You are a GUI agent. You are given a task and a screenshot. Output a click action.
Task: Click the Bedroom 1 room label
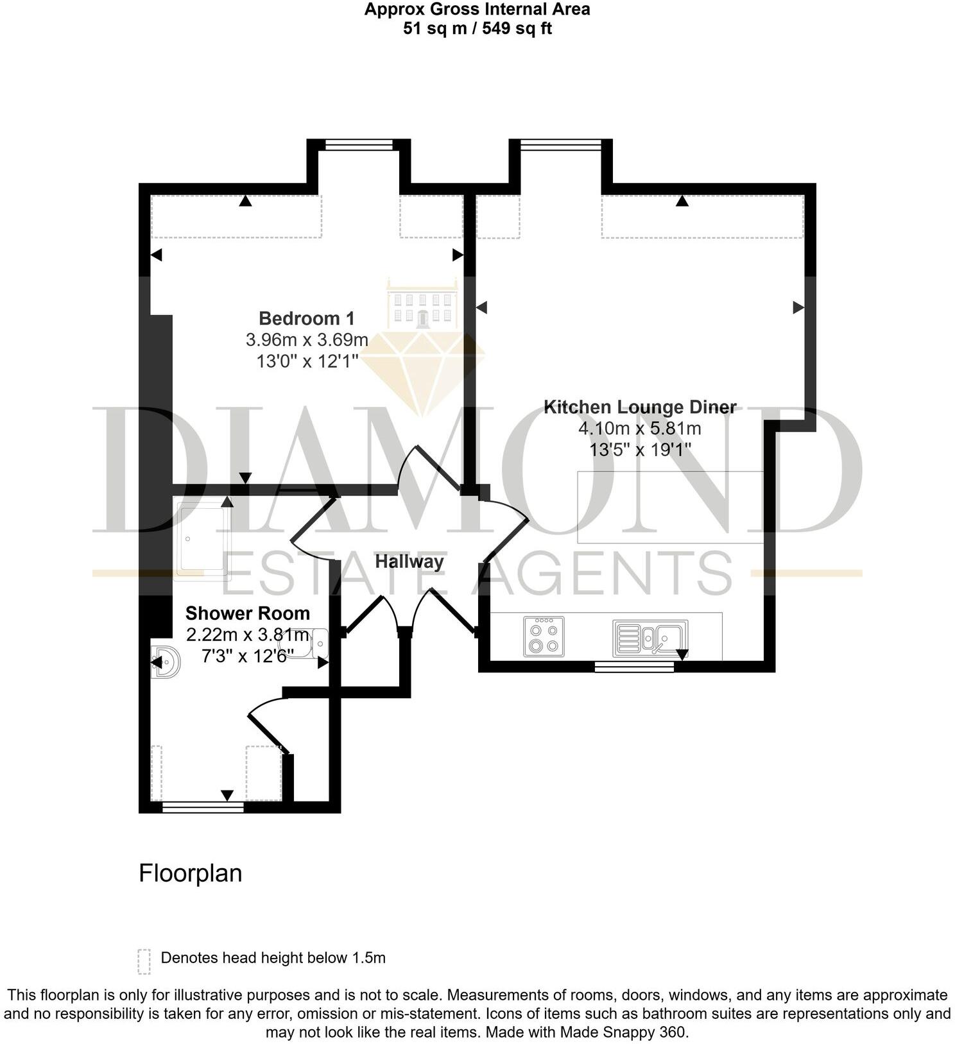[306, 318]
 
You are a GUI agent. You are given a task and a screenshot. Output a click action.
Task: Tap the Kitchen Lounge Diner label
[639, 407]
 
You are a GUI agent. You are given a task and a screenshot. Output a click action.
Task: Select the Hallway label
[409, 561]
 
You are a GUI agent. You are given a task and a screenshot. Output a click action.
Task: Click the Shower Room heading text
[247, 613]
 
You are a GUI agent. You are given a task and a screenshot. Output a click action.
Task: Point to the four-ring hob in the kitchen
[544, 637]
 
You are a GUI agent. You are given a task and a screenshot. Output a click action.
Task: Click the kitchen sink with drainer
[650, 638]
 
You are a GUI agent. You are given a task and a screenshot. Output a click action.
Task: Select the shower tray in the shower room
[202, 539]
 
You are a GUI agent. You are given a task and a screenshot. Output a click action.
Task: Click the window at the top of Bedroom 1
[359, 146]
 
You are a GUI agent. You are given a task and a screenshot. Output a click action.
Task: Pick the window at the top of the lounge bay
[560, 146]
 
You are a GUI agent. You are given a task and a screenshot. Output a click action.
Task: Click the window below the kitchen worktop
[634, 667]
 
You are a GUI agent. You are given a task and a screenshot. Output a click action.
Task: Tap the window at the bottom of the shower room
[203, 807]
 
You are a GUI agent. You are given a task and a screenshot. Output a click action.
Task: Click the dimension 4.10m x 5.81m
[639, 428]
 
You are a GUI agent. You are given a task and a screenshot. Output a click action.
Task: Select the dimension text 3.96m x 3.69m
[306, 339]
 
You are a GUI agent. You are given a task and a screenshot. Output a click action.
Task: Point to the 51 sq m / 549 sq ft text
[477, 28]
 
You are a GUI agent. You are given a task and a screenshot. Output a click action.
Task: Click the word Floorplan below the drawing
[190, 873]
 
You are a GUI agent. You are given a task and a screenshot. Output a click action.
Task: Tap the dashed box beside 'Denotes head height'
[144, 961]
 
